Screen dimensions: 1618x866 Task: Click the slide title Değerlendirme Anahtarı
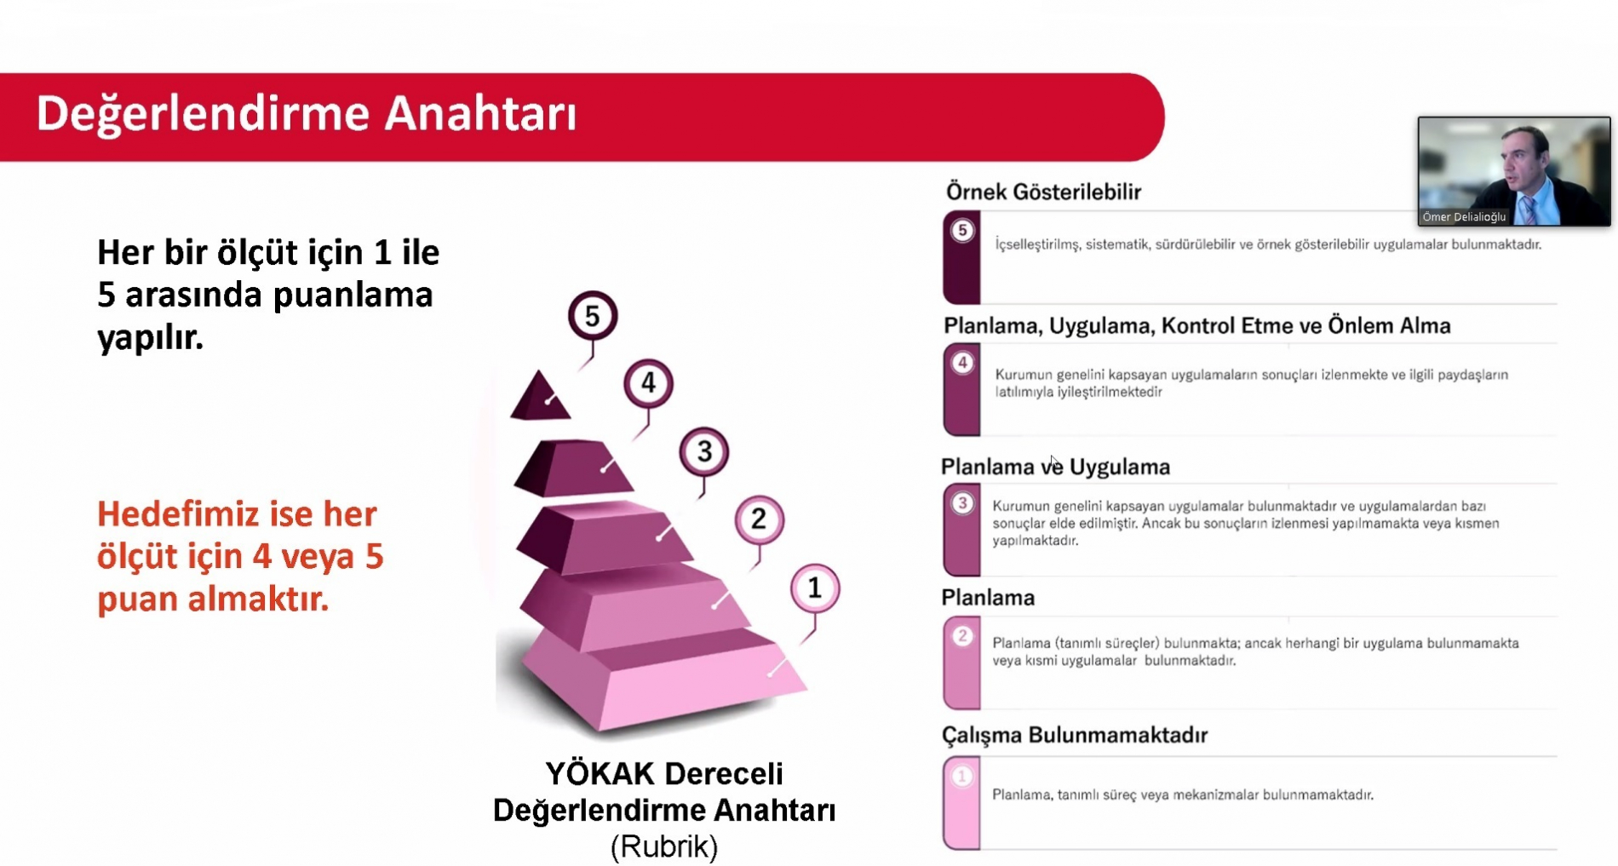tap(307, 114)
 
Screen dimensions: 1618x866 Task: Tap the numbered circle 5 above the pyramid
tap(593, 316)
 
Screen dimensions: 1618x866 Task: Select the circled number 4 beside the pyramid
tap(649, 383)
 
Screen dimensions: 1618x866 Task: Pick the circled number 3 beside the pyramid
tap(704, 451)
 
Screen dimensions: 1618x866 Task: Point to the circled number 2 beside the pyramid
tap(759, 519)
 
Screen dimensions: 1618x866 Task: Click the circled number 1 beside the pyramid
tap(815, 588)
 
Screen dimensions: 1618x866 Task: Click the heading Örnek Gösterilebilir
tap(1043, 192)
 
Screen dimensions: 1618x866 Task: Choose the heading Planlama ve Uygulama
tap(1055, 467)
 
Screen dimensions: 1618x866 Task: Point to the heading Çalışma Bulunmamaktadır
tap(1075, 735)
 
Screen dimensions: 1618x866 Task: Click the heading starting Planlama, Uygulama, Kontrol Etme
tap(1196, 325)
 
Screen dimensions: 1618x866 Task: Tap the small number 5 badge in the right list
tap(962, 231)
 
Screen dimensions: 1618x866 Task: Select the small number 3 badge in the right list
tap(962, 503)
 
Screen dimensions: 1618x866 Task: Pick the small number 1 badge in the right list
tap(962, 777)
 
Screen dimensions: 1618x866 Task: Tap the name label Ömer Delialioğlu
tap(1464, 217)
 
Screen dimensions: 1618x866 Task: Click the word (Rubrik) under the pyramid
tap(664, 846)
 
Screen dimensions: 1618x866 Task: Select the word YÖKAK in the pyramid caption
tap(600, 773)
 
